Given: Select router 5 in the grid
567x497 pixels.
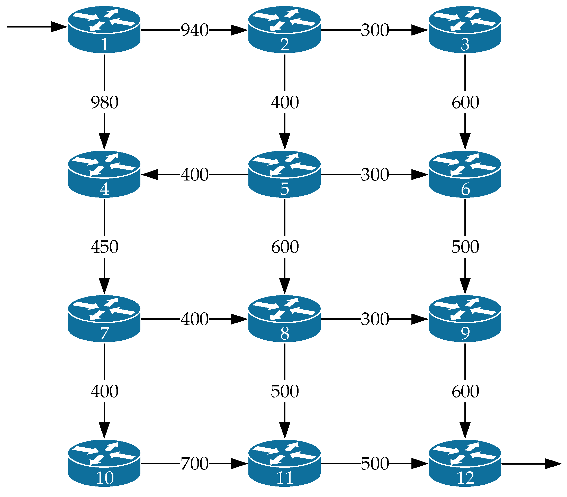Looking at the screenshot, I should [x=284, y=174].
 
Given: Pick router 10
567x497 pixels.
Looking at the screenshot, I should [x=104, y=463].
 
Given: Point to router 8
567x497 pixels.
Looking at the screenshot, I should [x=284, y=318].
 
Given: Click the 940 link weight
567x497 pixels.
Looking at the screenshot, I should [x=194, y=30].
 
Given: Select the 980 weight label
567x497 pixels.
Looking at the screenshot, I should [x=104, y=102].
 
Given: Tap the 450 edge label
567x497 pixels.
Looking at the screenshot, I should [x=104, y=247].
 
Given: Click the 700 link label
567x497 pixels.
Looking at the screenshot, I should [x=194, y=463].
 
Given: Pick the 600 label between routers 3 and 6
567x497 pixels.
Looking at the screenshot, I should [x=465, y=102].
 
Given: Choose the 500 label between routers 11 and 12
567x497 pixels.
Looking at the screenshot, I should [x=375, y=463].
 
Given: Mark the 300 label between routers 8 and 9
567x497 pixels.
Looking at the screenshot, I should [x=375, y=319].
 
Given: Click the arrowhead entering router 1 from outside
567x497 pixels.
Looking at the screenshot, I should [x=59, y=27].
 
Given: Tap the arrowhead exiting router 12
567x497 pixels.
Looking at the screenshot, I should [x=553, y=464].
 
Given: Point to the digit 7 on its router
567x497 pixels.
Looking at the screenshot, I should [x=104, y=333].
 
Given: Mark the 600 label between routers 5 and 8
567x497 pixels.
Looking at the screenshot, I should [x=285, y=247].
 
